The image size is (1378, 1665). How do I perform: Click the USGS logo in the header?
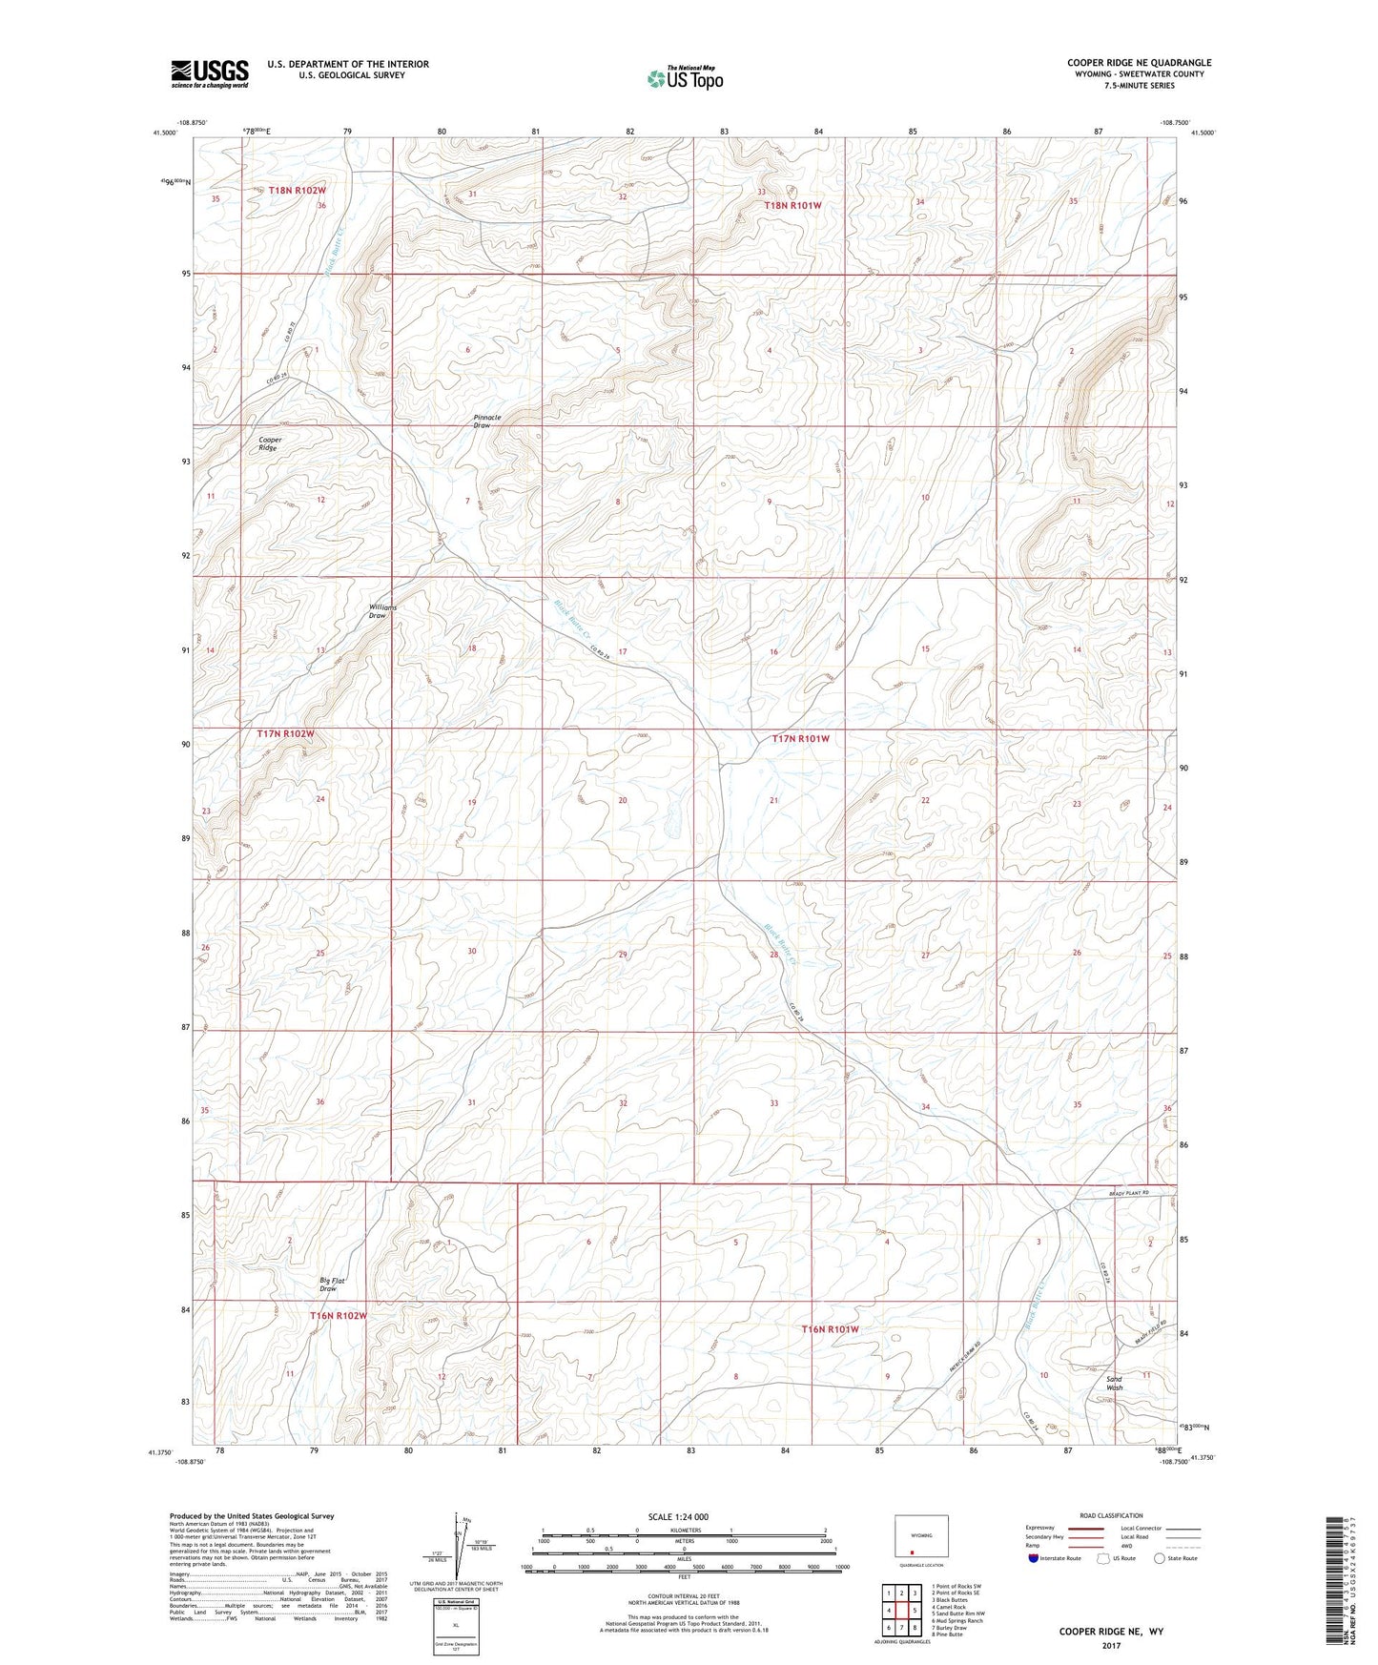tap(209, 73)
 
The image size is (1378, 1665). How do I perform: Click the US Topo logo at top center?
tap(684, 77)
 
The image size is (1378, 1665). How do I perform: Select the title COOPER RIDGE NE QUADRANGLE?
tap(1139, 63)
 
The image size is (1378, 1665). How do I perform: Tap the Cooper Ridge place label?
tap(270, 444)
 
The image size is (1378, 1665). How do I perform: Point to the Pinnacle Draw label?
tap(486, 421)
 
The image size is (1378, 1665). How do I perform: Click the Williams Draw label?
tap(382, 611)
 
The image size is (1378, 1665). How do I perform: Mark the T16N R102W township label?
tap(338, 1316)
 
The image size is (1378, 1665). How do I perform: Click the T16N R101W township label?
tap(830, 1329)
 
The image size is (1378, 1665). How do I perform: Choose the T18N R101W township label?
tap(792, 205)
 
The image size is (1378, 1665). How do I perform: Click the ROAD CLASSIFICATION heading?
tap(1112, 1515)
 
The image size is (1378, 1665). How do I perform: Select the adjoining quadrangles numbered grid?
tap(900, 1611)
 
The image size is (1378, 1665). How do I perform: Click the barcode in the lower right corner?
tap(1337, 1583)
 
